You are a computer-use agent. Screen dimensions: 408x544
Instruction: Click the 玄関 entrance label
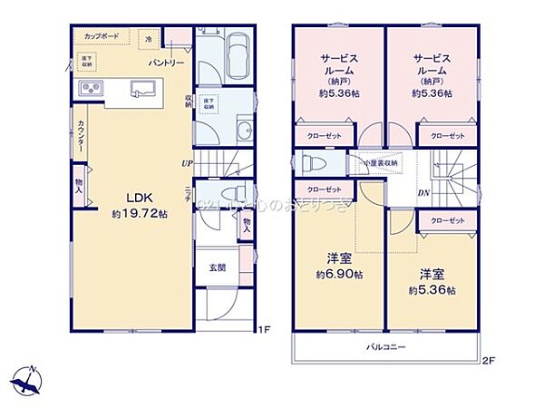(x=218, y=267)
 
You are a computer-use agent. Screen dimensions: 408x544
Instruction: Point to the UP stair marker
(x=186, y=164)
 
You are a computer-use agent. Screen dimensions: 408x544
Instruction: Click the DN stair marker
(x=423, y=192)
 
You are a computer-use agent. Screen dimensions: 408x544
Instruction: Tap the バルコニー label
(x=385, y=347)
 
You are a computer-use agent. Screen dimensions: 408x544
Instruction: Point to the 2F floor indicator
(x=487, y=360)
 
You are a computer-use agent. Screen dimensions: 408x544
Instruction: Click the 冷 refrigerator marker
(x=150, y=39)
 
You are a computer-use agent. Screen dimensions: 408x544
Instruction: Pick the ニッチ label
(x=188, y=197)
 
